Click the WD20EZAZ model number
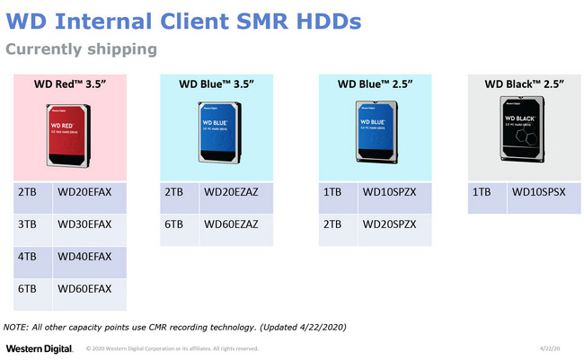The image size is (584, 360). tap(232, 193)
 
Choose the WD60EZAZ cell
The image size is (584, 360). tap(232, 224)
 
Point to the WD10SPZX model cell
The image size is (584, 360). tap(389, 193)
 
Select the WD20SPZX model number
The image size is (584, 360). tap(389, 224)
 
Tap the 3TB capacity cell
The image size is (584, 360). tap(30, 224)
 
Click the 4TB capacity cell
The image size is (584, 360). tap(30, 257)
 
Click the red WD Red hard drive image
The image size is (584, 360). tap(70, 136)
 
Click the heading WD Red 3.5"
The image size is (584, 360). tap(70, 84)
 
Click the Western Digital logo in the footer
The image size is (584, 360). tap(39, 348)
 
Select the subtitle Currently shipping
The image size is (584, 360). tap(82, 48)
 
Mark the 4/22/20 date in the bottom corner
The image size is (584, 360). tap(551, 348)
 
